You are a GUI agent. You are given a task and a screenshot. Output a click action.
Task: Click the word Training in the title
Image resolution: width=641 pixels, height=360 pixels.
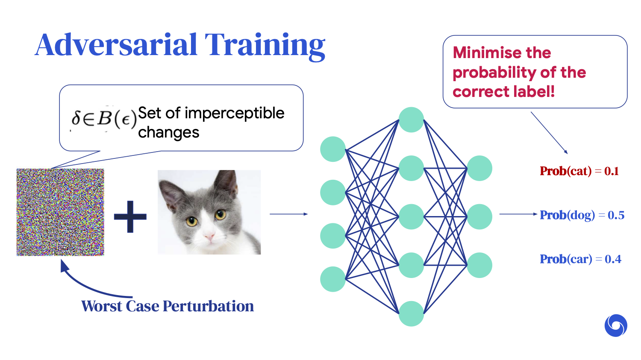[265, 47]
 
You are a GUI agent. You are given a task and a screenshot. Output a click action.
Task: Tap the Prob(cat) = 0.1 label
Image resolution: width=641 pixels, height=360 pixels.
[579, 171]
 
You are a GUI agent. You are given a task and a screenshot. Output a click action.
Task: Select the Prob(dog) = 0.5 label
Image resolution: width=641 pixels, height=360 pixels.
[582, 215]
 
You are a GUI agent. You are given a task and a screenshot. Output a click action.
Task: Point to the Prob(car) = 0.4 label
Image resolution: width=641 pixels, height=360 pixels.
[580, 259]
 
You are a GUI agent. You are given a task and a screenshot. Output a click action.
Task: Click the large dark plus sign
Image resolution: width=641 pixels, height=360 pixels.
[130, 217]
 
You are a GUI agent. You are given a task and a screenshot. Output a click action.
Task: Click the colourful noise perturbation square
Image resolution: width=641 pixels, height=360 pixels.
[60, 212]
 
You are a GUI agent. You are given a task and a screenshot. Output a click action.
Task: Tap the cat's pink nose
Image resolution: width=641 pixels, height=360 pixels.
[209, 237]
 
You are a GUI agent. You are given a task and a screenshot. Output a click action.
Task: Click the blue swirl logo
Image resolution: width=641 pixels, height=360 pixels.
[616, 325]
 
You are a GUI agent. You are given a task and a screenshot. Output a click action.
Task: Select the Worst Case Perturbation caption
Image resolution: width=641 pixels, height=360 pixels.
[168, 306]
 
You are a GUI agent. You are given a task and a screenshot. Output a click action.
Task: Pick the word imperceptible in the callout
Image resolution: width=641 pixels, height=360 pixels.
[234, 113]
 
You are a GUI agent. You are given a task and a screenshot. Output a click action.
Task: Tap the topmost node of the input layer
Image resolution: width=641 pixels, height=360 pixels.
[333, 149]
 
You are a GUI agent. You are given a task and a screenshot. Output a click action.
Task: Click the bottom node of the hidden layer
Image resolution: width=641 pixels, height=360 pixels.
[411, 314]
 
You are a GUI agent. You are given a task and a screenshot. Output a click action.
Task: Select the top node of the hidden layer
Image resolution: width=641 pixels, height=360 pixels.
[411, 120]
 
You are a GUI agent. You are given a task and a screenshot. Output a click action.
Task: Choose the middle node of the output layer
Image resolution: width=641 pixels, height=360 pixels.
[479, 217]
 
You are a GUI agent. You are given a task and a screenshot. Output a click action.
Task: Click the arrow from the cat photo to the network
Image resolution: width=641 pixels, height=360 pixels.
[289, 214]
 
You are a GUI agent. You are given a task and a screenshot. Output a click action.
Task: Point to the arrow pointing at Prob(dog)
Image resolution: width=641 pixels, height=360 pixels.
[518, 214]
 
